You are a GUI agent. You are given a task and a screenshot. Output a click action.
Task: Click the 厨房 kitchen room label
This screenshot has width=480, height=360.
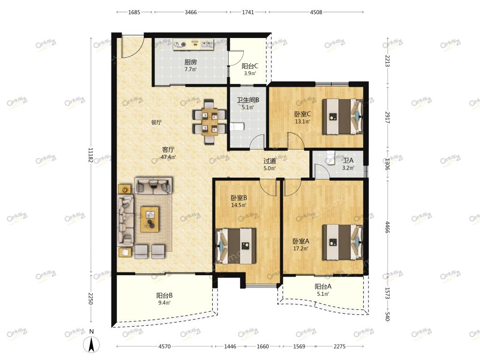[191, 62]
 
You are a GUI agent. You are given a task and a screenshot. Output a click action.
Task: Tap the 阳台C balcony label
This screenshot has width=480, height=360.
[250, 66]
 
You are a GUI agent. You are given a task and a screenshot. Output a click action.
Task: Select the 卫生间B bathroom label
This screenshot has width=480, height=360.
[248, 100]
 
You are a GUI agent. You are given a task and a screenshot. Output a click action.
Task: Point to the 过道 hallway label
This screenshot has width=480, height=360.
[270, 161]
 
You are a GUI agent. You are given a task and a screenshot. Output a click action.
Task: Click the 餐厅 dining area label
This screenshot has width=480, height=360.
[156, 122]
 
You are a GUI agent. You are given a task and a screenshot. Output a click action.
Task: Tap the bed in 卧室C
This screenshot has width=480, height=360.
[343, 116]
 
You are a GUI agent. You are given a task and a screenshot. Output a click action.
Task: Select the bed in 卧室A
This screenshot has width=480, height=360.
[343, 242]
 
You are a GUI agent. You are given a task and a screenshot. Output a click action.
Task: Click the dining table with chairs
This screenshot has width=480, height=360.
[210, 121]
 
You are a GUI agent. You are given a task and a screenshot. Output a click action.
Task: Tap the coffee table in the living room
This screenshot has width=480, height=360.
[150, 219]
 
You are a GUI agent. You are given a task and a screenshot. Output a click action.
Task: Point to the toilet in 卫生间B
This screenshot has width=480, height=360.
[236, 127]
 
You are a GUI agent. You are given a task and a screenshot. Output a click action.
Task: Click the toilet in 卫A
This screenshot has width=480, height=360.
[330, 157]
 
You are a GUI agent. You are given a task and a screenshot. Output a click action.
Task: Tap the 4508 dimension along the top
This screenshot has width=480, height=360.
[316, 12]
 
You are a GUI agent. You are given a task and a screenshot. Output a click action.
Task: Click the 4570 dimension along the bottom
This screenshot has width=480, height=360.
[165, 346]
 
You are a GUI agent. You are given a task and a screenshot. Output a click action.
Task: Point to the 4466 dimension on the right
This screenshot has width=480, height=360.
[388, 227]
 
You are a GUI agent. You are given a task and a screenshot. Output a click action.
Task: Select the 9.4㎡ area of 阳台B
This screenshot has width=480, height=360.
[165, 303]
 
